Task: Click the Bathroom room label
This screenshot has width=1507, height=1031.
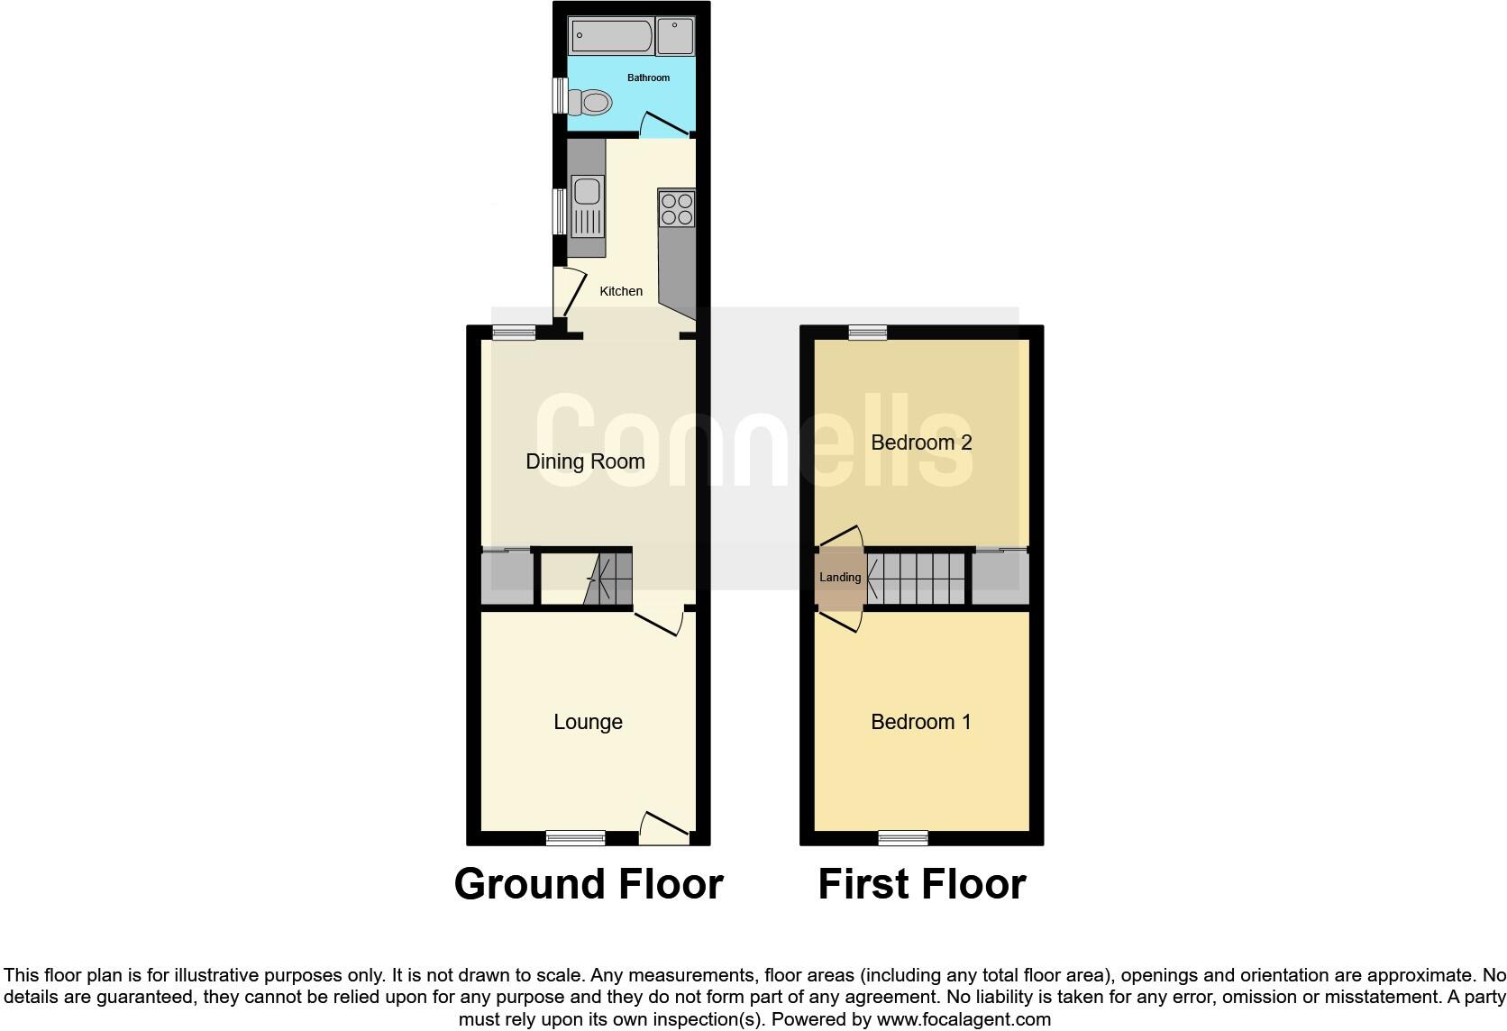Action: [648, 78]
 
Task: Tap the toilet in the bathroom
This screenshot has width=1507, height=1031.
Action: [590, 103]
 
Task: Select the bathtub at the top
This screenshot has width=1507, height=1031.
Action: [610, 37]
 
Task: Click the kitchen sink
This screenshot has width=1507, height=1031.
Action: [587, 204]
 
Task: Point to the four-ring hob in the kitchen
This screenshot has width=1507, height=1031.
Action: [676, 209]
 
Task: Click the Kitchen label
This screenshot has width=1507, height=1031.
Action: [621, 291]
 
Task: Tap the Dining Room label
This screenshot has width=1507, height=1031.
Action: [585, 461]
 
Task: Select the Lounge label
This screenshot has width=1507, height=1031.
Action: [588, 722]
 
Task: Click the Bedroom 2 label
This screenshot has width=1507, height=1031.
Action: [920, 443]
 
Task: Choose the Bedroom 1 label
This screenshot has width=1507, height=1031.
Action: [920, 722]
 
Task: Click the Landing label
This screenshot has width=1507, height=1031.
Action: [839, 578]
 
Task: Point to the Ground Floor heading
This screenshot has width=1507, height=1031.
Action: [589, 884]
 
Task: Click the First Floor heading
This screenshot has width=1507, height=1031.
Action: [921, 884]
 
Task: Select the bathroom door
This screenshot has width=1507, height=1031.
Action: [665, 124]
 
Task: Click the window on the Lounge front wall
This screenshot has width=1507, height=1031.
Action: [575, 838]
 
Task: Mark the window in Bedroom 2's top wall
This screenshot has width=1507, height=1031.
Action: [867, 333]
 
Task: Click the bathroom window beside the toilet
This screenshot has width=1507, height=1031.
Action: [560, 96]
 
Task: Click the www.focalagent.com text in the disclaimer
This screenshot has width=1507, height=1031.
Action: [964, 1020]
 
